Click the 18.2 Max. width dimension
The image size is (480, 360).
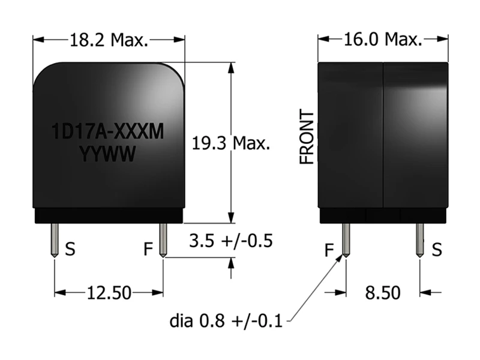pyautogui.click(x=109, y=40)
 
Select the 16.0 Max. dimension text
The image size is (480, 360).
pyautogui.click(x=383, y=40)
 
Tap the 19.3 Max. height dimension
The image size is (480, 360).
pyautogui.click(x=231, y=143)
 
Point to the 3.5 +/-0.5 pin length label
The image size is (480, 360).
pyautogui.click(x=231, y=241)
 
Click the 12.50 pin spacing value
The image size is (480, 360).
pyautogui.click(x=109, y=293)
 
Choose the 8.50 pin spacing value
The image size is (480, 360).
pyautogui.click(x=383, y=292)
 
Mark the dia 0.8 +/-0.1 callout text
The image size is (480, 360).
pyautogui.click(x=226, y=321)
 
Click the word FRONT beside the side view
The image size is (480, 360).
pyautogui.click(x=307, y=137)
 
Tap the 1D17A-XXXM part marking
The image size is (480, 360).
pyautogui.click(x=108, y=131)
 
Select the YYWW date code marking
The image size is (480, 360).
pyautogui.click(x=108, y=154)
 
